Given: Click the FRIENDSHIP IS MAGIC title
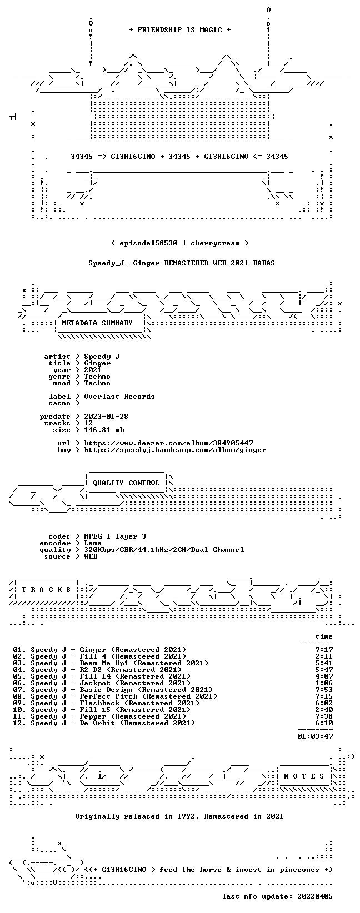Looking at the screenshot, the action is click(180, 30).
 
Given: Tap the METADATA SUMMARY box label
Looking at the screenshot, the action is click(97, 323).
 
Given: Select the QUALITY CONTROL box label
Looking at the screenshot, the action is click(126, 483).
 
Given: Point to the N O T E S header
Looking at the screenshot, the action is click(304, 776).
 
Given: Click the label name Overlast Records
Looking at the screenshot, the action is click(119, 397).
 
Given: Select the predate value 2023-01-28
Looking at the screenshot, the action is click(106, 417).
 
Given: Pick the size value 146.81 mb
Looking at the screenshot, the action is click(104, 430).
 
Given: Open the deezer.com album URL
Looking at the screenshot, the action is click(168, 443).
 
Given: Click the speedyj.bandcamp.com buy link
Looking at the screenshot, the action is click(175, 450).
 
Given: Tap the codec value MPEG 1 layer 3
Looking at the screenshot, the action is click(115, 536).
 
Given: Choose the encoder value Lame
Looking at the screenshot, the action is click(93, 543).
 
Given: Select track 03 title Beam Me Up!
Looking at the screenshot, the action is click(104, 663).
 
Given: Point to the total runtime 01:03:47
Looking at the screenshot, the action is click(315, 736).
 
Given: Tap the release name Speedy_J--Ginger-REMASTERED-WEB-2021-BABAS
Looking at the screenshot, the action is click(182, 263).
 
